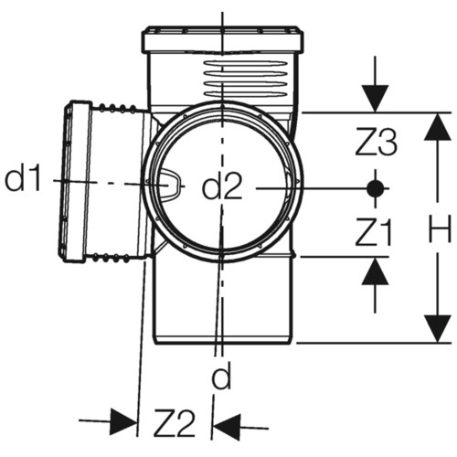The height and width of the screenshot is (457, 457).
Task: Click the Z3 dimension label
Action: tap(377, 143)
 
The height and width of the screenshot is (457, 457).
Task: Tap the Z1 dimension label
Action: tap(374, 232)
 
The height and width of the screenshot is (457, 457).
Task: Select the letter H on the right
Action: tap(439, 228)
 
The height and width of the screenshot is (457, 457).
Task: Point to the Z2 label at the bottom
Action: tap(175, 423)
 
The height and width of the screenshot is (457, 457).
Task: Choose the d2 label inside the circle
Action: tap(222, 186)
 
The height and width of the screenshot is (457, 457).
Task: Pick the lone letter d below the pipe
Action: tap(222, 376)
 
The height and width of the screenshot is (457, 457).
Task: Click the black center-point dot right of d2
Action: tap(375, 189)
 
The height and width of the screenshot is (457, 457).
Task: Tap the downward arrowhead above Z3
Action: tap(375, 99)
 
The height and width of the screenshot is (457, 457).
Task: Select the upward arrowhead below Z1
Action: tap(375, 271)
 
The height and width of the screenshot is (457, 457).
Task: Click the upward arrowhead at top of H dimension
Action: tap(438, 127)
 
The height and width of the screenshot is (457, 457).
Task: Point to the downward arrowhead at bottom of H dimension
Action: tap(438, 329)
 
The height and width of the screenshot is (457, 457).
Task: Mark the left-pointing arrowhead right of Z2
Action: tap(227, 426)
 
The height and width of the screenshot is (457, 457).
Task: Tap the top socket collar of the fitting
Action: tap(222, 40)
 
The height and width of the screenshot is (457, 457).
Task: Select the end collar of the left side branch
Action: tap(75, 181)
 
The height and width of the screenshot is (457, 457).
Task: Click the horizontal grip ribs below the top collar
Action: tap(245, 79)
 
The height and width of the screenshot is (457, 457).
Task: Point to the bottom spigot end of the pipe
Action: tap(224, 339)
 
